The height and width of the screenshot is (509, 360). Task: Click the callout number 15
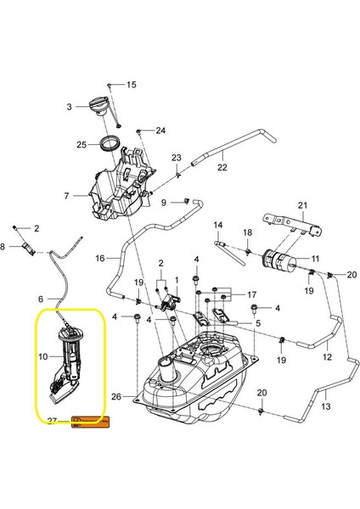132,86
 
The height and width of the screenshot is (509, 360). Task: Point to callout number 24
160,131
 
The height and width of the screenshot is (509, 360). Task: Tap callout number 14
217,226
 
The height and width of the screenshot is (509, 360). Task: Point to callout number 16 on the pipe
99,257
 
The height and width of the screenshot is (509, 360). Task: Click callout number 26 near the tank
116,396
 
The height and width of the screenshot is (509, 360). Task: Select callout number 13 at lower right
325,407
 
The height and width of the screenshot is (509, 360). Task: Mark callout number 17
251,294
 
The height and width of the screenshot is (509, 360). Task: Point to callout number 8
3,246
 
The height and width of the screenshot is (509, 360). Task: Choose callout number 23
177,158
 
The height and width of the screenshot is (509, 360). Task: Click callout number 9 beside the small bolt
164,203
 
